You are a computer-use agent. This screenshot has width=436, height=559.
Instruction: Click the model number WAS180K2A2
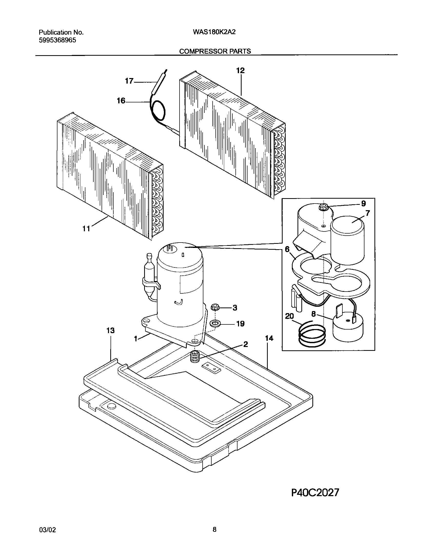214,32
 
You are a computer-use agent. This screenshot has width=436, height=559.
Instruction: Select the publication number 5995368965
57,40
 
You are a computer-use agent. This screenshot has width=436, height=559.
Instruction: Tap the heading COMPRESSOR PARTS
215,51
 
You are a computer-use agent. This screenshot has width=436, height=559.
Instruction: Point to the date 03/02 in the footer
47,529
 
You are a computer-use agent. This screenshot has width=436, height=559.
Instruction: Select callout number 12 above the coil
240,71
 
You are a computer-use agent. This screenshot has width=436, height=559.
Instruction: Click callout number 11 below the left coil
86,228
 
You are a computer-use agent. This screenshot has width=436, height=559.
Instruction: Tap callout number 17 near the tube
129,81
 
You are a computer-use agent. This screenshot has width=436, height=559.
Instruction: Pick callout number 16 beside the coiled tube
121,101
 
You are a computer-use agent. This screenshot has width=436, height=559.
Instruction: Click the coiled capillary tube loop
158,111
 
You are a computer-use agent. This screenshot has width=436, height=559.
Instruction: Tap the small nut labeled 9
324,206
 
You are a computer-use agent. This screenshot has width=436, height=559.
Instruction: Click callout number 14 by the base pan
269,339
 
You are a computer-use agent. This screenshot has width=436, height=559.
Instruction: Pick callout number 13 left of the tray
111,331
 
